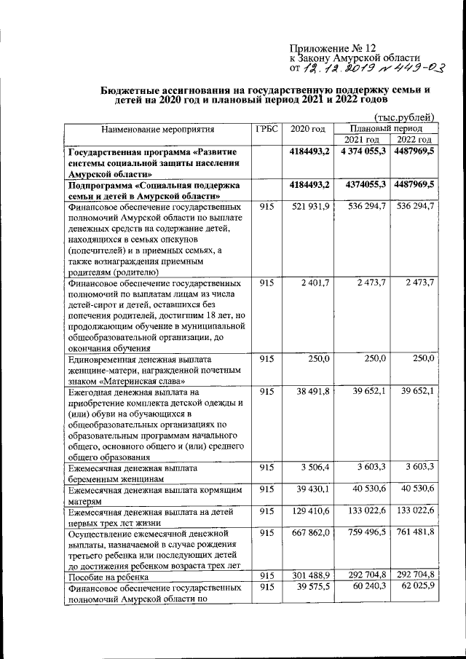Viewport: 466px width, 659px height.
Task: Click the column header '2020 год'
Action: click(308, 129)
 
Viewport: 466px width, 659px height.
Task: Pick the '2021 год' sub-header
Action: click(362, 140)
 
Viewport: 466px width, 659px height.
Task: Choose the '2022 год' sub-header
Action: click(412, 140)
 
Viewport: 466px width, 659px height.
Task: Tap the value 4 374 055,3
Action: click(362, 151)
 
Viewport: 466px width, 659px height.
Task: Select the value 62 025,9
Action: click(414, 588)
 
